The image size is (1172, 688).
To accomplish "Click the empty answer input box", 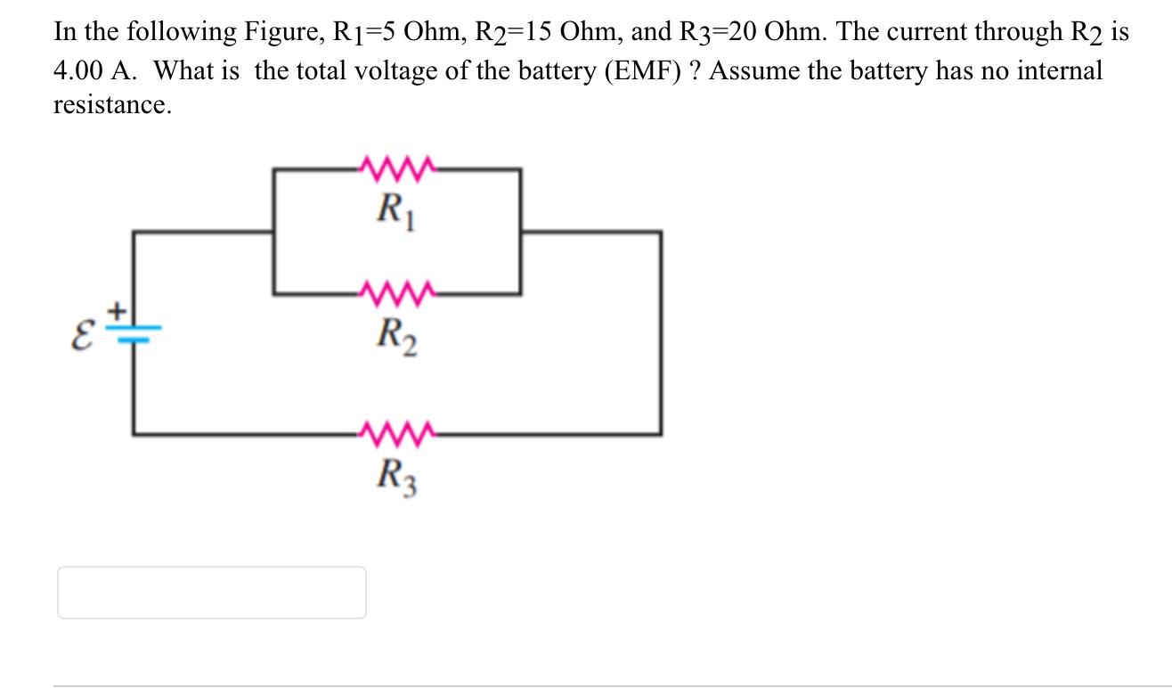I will pyautogui.click(x=212, y=593).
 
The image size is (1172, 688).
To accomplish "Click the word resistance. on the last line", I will pyautogui.click(x=111, y=105).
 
